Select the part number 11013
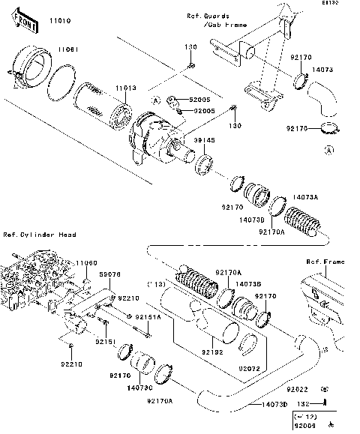126,88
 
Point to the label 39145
205,139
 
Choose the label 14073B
247,284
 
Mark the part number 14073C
141,388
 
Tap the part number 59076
111,275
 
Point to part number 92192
211,352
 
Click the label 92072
250,368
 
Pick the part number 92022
297,390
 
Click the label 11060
85,263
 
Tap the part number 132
296,403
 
